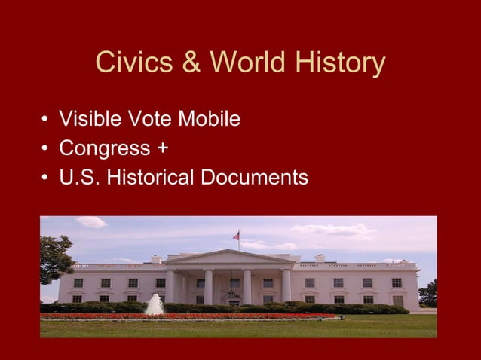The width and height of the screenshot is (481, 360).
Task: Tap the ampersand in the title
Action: click(x=191, y=64)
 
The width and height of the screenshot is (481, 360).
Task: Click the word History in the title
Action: click(x=339, y=64)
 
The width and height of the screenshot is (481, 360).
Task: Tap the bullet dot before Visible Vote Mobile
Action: click(x=45, y=120)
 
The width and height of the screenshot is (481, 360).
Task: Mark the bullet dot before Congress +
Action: click(x=45, y=149)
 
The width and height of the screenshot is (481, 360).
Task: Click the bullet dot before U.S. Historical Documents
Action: click(x=45, y=178)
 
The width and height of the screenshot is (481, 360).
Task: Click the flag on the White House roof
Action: click(x=236, y=236)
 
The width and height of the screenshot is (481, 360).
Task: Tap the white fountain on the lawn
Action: click(x=155, y=304)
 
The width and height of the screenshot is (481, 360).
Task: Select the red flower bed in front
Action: click(x=188, y=316)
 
